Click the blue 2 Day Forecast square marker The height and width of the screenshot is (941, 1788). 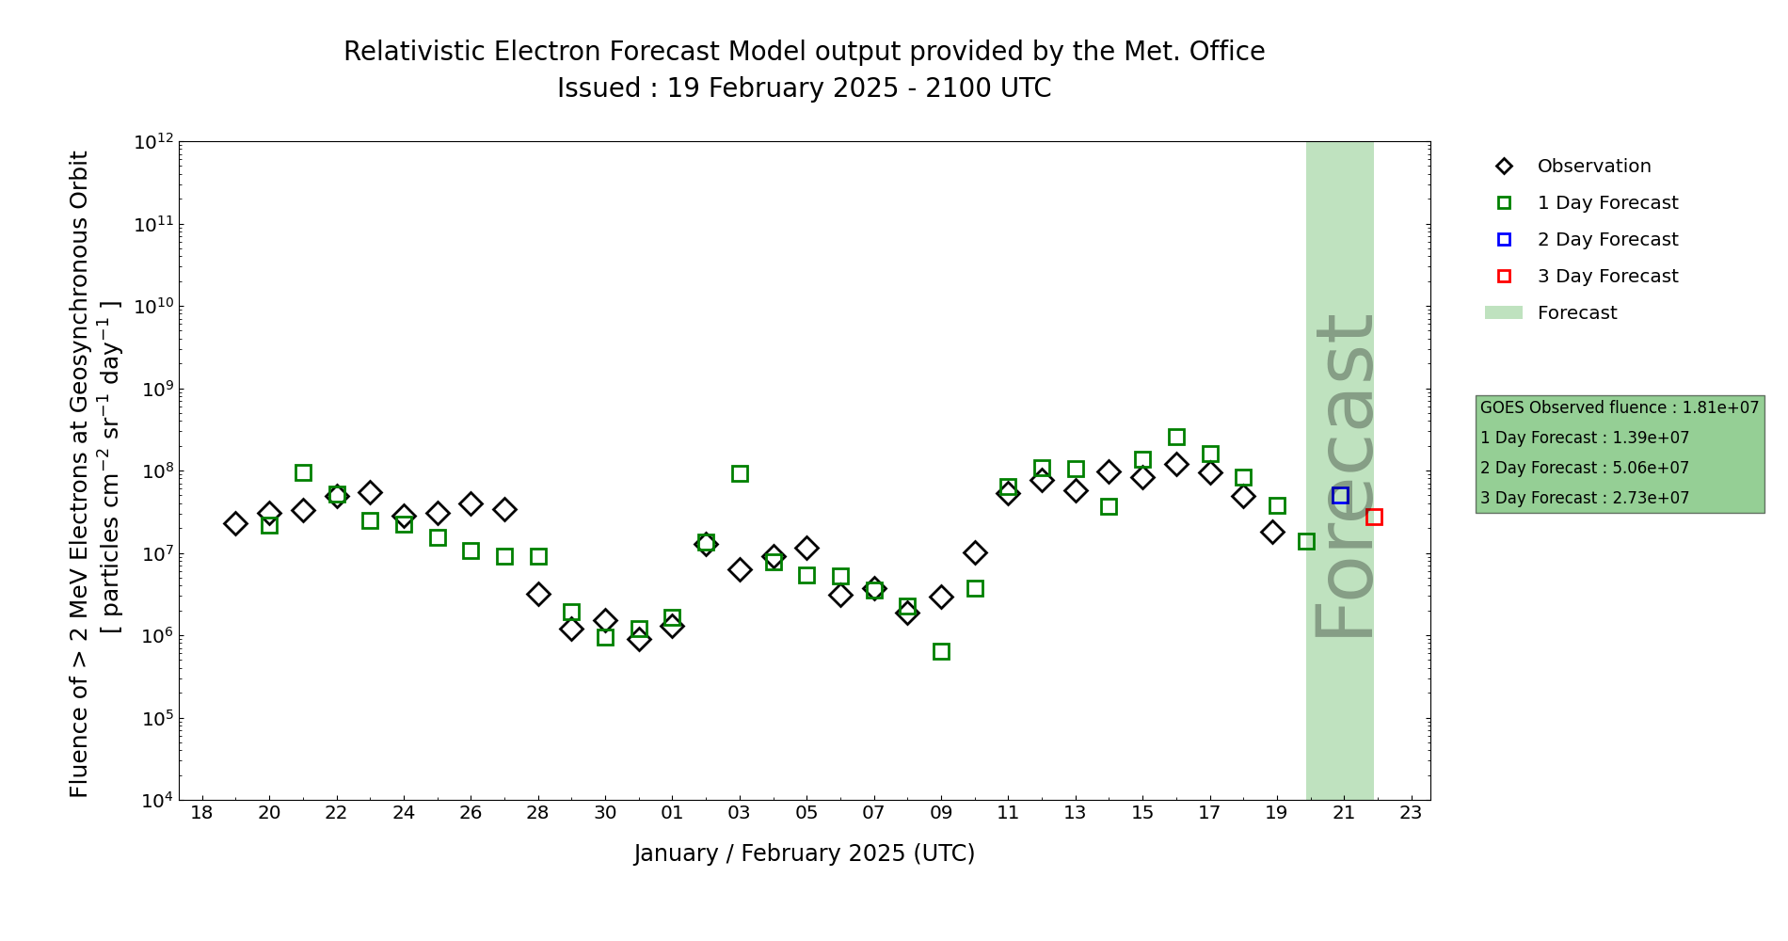tap(1340, 496)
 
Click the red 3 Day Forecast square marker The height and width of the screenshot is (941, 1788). tap(1374, 517)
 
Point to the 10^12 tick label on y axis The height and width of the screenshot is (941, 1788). tap(153, 142)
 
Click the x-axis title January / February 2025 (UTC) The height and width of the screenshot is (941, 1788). tap(804, 853)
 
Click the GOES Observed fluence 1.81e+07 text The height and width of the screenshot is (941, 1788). tap(1619, 407)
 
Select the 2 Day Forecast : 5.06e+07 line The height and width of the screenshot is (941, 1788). tap(1584, 468)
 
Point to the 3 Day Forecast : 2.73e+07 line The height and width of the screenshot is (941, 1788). tap(1584, 498)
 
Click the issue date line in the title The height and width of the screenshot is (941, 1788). tap(804, 88)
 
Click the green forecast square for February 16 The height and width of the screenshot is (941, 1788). tap(1176, 437)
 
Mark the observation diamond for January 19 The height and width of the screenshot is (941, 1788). tap(235, 523)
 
